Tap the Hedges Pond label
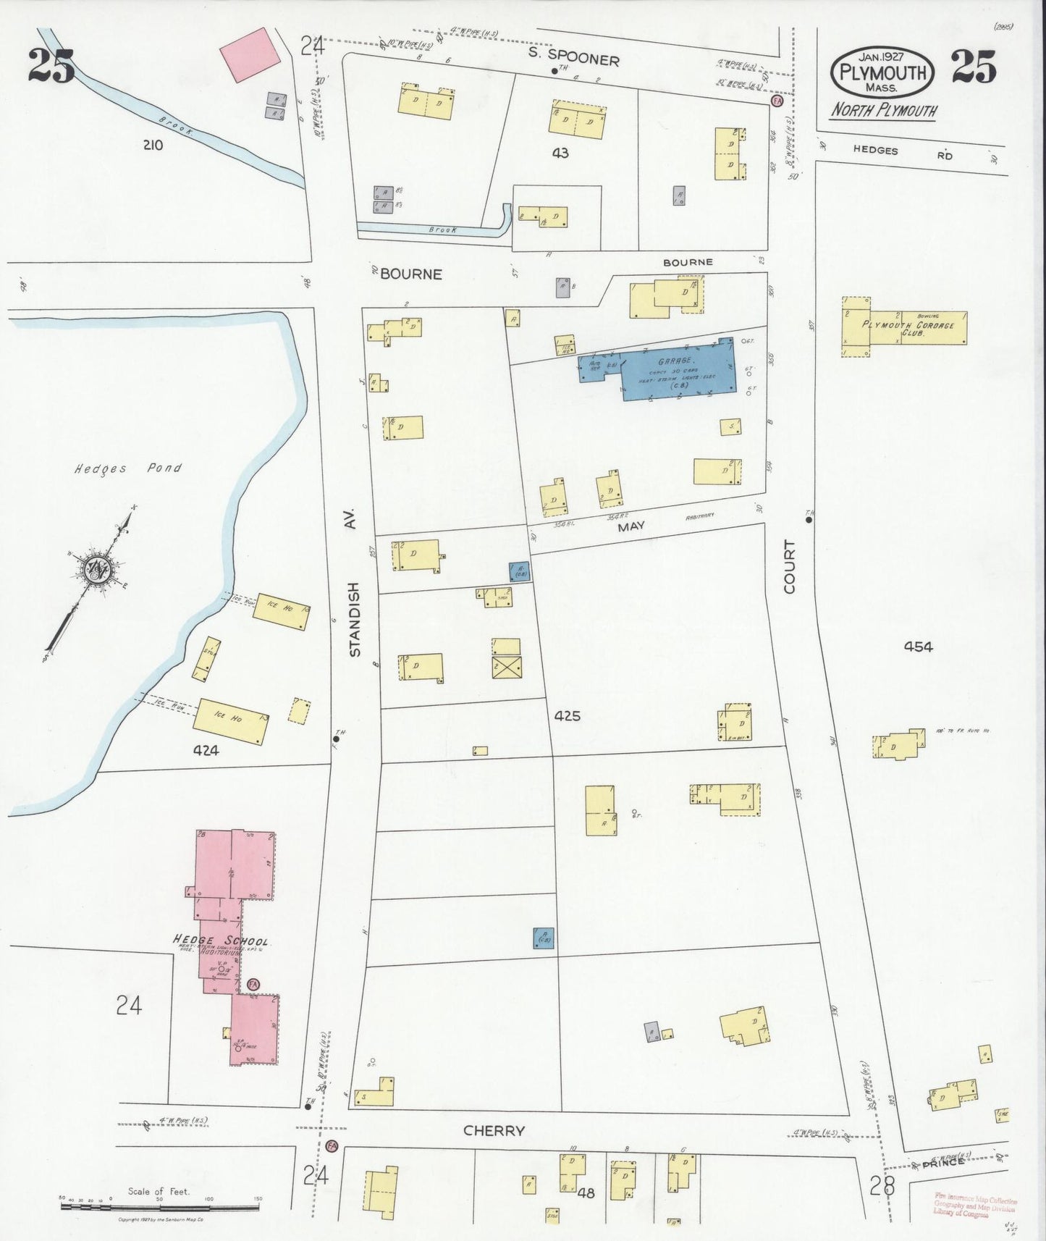click(127, 468)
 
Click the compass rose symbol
click(96, 569)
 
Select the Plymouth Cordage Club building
click(905, 328)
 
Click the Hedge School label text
click(221, 941)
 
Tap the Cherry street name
click(494, 1131)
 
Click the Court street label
click(789, 567)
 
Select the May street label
click(630, 526)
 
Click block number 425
click(568, 716)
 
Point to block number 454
click(918, 647)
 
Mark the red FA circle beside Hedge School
click(253, 985)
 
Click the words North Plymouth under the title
click(882, 111)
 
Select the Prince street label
click(943, 1161)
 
